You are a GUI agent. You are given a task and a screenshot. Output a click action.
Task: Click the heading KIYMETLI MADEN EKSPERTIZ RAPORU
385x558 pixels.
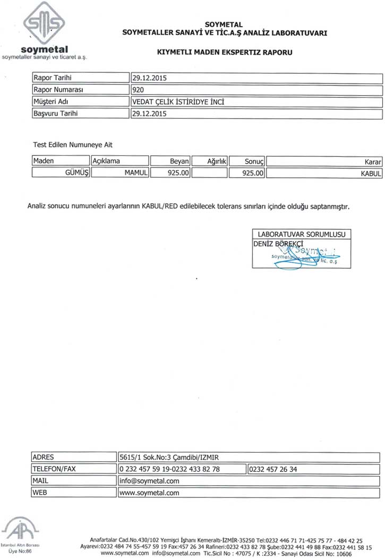225,53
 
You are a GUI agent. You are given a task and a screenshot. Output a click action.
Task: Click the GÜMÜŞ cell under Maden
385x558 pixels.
75,173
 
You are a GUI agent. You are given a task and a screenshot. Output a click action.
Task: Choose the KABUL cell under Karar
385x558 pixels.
371,173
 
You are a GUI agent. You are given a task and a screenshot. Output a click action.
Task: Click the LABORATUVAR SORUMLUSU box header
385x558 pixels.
301,234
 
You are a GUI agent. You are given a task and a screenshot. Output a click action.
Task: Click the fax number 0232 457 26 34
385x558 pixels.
273,469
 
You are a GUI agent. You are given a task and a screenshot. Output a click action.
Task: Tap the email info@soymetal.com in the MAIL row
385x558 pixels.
150,481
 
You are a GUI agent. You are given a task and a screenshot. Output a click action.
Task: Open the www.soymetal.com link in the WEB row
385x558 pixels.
150,493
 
